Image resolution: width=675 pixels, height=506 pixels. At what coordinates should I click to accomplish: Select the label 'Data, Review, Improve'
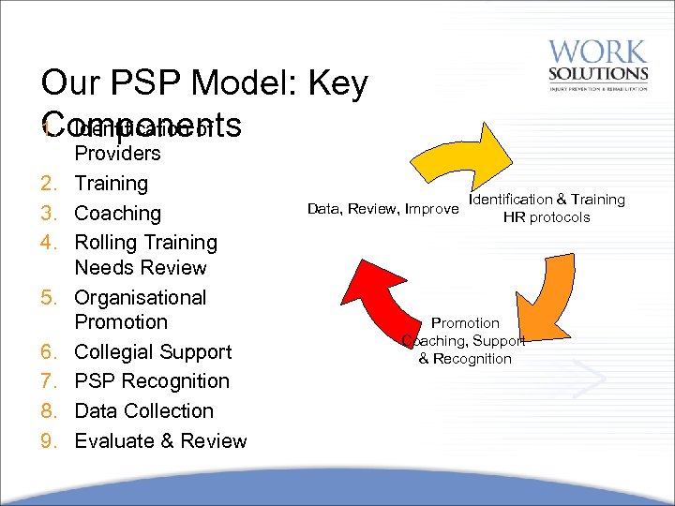382,208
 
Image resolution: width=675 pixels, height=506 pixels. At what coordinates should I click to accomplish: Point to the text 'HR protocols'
547,217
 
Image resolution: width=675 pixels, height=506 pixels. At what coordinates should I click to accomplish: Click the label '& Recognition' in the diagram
465,359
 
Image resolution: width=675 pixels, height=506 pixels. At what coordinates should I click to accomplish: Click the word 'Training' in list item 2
111,184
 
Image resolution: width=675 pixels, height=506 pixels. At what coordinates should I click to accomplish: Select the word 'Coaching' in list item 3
117,213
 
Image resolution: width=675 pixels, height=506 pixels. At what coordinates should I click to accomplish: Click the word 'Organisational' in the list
140,298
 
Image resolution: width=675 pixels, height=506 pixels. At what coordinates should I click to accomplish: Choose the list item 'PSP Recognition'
152,381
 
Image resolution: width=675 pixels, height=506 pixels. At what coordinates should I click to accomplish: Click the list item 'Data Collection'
143,411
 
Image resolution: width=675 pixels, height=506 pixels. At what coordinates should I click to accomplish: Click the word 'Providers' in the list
117,154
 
